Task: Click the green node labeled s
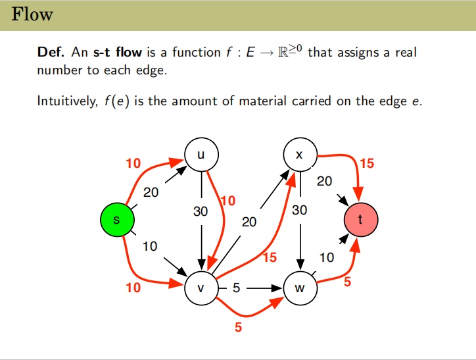(x=117, y=220)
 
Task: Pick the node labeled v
(x=201, y=288)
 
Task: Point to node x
(x=300, y=155)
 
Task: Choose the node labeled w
(x=300, y=288)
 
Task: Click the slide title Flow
(x=32, y=14)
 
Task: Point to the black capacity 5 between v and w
(x=236, y=288)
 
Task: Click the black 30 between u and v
(x=201, y=212)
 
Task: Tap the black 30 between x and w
(x=300, y=211)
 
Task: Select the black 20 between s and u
(x=151, y=193)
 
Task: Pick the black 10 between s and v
(x=150, y=246)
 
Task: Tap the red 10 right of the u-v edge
(x=229, y=201)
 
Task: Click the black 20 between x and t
(x=324, y=181)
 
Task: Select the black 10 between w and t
(x=327, y=257)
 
